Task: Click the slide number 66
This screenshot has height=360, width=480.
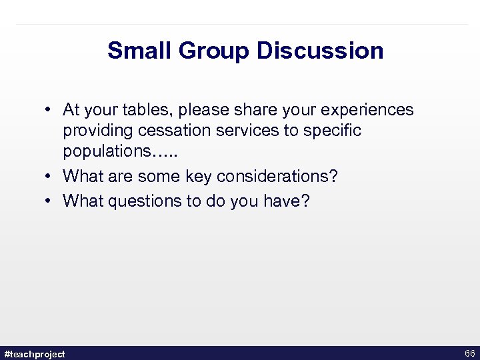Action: click(x=469, y=353)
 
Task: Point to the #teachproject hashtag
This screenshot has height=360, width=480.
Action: click(x=35, y=353)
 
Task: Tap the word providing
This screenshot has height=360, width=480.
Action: click(x=97, y=131)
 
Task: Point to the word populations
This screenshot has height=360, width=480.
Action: click(x=106, y=151)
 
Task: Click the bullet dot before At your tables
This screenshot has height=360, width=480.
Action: click(x=49, y=110)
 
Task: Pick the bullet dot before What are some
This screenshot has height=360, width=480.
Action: click(x=49, y=177)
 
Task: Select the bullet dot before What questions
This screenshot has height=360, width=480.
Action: click(x=49, y=201)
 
